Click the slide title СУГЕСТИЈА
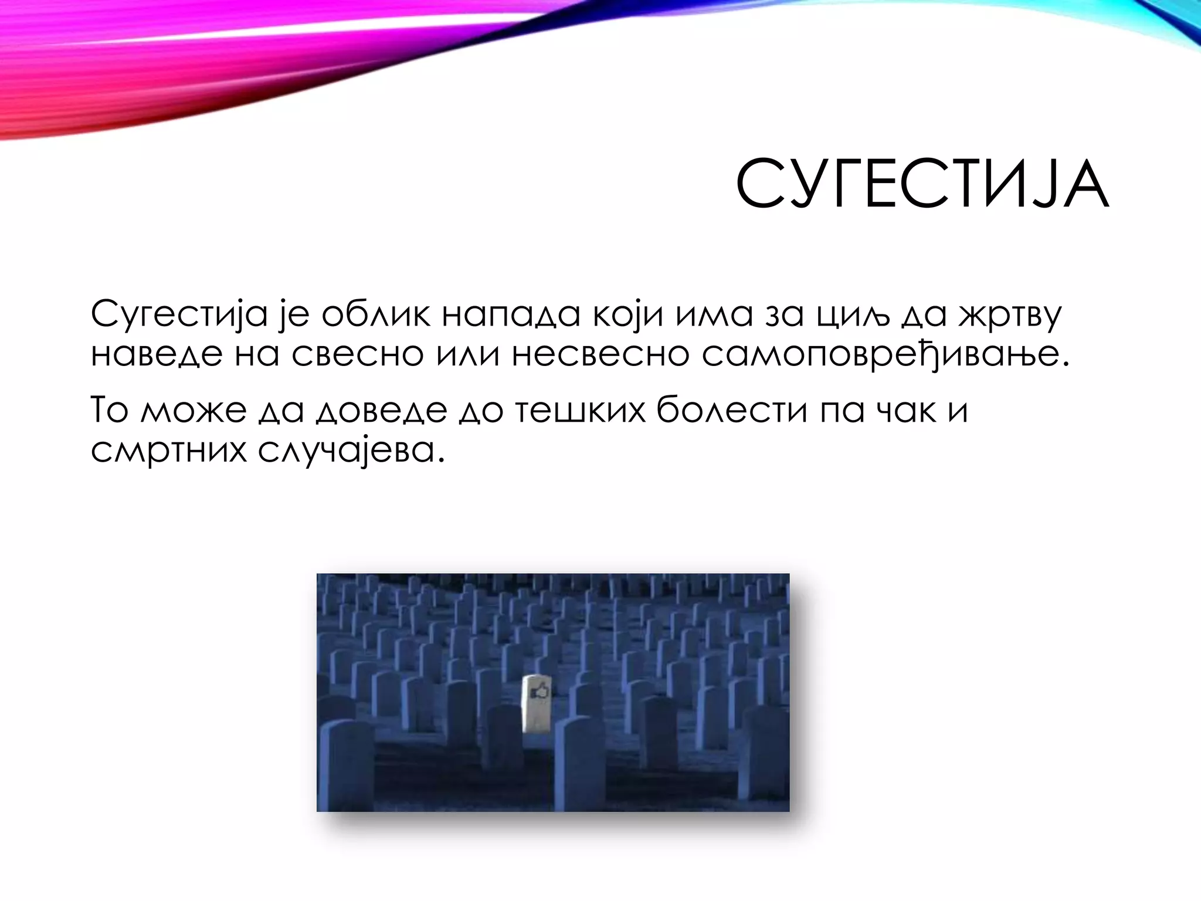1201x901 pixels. click(x=922, y=184)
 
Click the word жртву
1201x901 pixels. click(x=1009, y=315)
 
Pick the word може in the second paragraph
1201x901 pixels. click(x=194, y=410)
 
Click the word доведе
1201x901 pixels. click(x=382, y=410)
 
